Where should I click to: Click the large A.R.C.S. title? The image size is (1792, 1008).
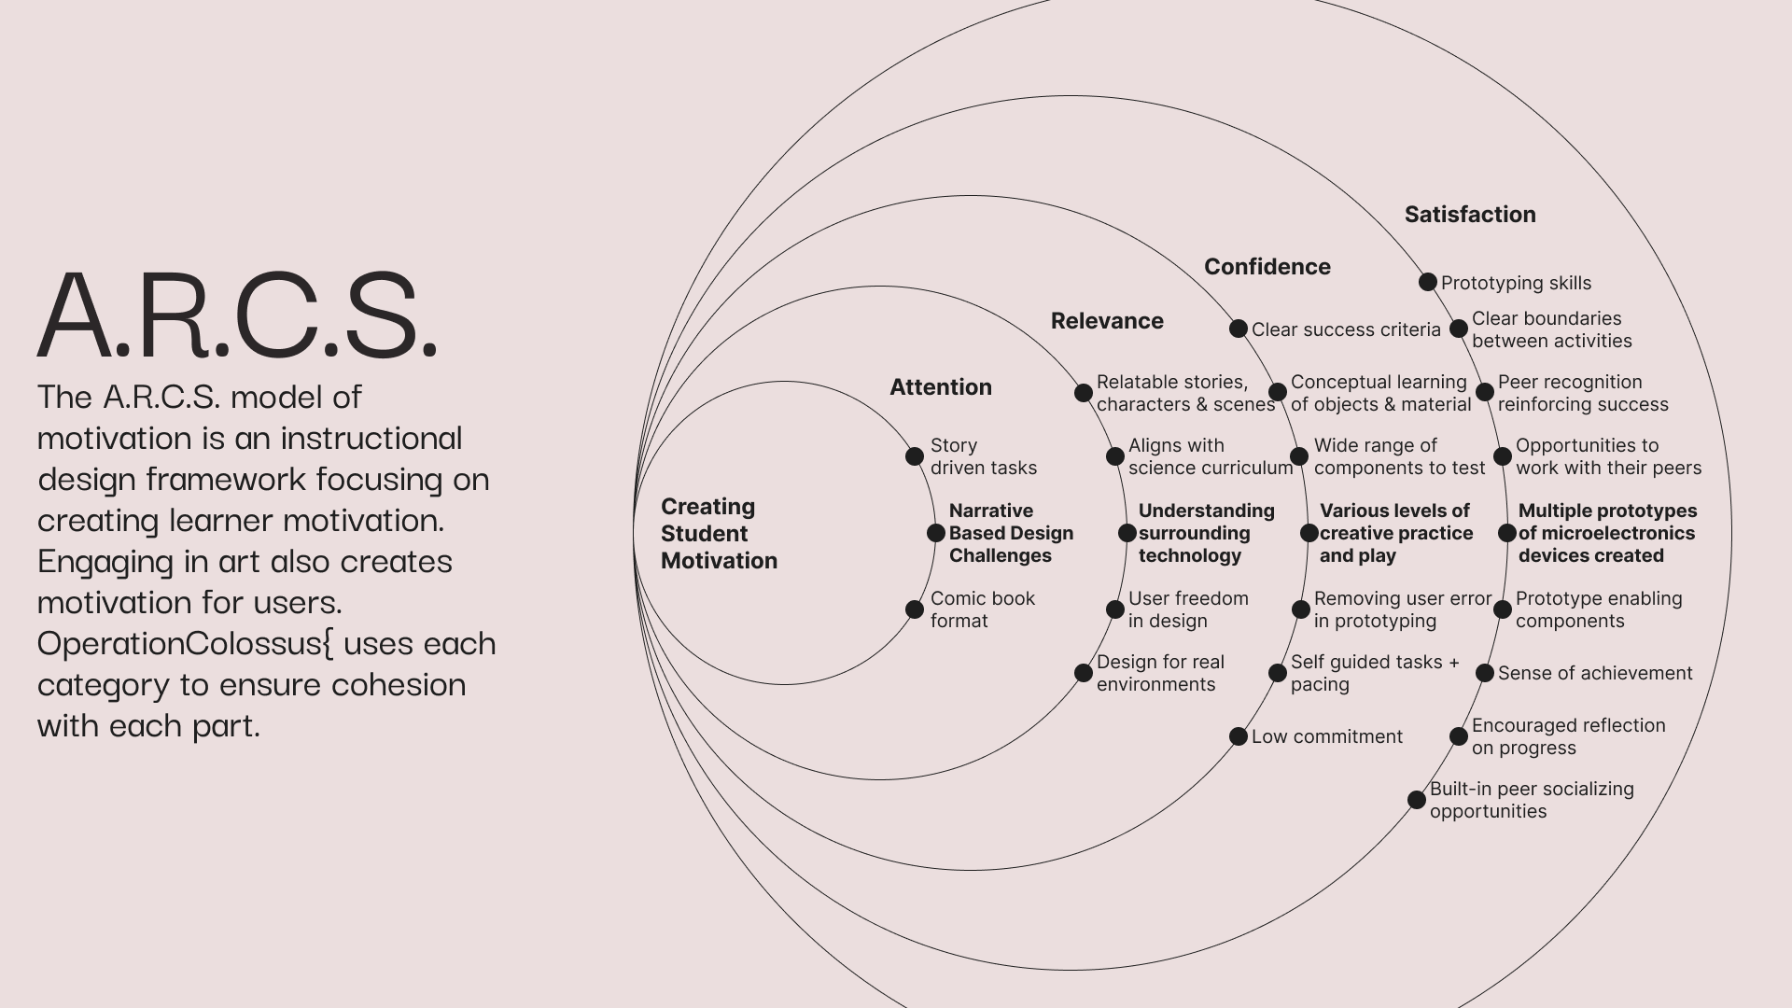tap(238, 315)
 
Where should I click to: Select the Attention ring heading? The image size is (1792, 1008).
tap(941, 387)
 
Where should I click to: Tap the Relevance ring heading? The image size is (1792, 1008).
tap(1107, 321)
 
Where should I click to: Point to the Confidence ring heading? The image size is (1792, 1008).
tap(1267, 267)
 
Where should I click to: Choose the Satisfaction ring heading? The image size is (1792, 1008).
tap(1470, 215)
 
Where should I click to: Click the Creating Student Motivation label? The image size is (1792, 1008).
tap(719, 534)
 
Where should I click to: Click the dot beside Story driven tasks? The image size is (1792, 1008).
tap(915, 456)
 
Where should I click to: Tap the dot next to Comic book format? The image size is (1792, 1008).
tap(915, 609)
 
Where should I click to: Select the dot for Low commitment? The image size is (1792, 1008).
tap(1239, 736)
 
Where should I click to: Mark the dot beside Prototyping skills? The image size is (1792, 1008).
tap(1428, 282)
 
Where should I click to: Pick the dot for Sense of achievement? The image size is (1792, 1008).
tap(1485, 673)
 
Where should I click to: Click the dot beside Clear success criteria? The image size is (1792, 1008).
tap(1239, 329)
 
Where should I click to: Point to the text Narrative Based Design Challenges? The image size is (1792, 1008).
tap(1011, 533)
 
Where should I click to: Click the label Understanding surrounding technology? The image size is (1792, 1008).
tap(1206, 533)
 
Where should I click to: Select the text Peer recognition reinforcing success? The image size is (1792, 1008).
tap(1583, 393)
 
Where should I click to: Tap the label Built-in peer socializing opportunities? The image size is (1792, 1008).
tap(1532, 800)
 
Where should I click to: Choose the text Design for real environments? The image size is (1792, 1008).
tap(1160, 673)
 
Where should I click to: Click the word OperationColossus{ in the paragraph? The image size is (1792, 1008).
tap(185, 644)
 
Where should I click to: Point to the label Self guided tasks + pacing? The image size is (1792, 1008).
tap(1375, 673)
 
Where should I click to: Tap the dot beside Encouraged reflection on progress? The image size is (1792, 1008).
tap(1459, 736)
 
